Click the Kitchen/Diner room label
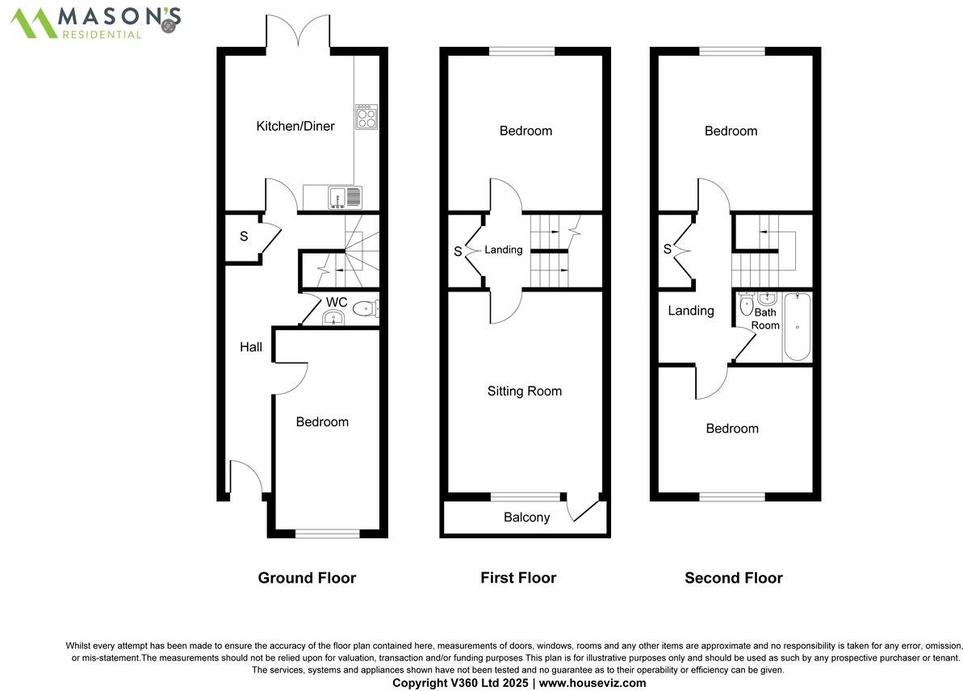[x=295, y=126]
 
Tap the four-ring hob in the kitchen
[x=366, y=117]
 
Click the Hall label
[x=251, y=347]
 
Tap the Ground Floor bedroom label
[x=322, y=421]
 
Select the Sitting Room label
[x=524, y=391]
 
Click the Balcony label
[x=526, y=517]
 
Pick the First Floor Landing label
[x=504, y=249]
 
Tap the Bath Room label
[x=765, y=319]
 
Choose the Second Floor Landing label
[x=691, y=310]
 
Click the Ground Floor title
[x=307, y=577]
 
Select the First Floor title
[x=518, y=577]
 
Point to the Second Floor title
[x=733, y=577]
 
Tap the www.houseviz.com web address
[x=592, y=683]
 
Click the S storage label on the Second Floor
[x=668, y=249]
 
